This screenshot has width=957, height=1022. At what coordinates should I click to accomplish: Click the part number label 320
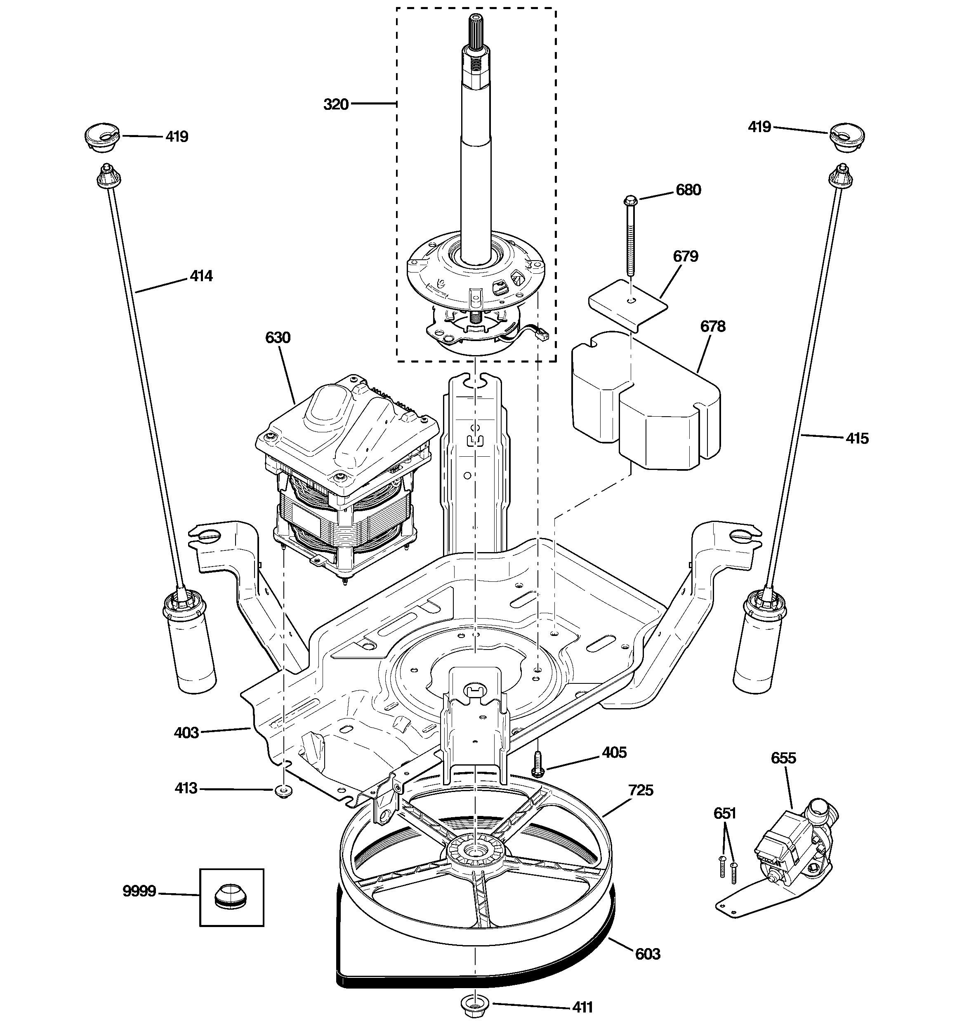[x=335, y=104]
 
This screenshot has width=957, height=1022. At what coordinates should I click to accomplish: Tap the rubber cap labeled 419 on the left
[x=101, y=137]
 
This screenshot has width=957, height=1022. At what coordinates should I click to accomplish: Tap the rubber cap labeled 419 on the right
[x=847, y=137]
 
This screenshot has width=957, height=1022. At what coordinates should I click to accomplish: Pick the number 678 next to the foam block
[x=713, y=327]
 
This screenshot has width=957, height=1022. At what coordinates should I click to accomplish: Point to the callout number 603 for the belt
[x=647, y=954]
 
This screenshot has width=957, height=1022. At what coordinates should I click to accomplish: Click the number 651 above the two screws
[x=725, y=813]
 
